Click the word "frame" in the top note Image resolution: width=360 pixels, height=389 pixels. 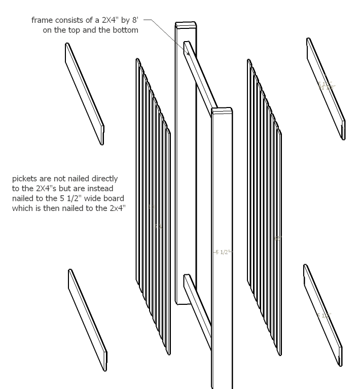click(x=42, y=20)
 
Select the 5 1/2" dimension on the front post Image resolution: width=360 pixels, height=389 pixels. click(x=222, y=252)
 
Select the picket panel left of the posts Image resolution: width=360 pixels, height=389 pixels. click(x=153, y=203)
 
